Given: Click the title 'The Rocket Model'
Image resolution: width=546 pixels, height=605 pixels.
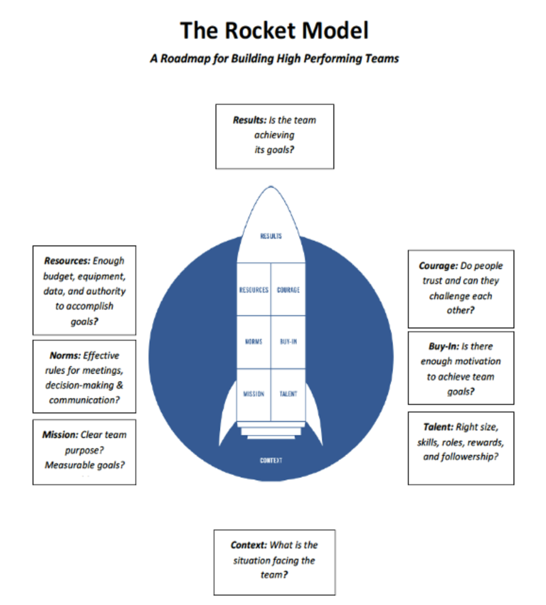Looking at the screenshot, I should (x=274, y=31).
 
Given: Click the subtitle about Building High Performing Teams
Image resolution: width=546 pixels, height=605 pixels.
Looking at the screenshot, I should (x=274, y=59).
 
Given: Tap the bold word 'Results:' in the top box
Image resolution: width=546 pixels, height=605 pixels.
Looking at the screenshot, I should (x=249, y=120).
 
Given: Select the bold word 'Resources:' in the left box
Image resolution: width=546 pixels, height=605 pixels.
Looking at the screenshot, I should (x=67, y=261).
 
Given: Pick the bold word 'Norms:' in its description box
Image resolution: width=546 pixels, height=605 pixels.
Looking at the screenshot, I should (x=65, y=356).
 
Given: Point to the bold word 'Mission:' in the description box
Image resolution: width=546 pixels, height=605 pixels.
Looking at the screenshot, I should (x=60, y=435).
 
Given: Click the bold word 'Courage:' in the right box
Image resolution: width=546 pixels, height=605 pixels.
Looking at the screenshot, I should (x=438, y=266).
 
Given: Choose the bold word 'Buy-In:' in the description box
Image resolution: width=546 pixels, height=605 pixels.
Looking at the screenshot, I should (x=444, y=346).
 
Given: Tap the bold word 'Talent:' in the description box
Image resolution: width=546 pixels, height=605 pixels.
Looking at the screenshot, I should (x=438, y=427).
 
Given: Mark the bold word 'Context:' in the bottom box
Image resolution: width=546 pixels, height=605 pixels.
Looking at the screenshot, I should (x=248, y=546).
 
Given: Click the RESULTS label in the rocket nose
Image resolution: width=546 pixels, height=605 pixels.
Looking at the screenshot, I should (x=271, y=236).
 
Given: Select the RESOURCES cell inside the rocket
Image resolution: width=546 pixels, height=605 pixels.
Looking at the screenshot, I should (x=254, y=290).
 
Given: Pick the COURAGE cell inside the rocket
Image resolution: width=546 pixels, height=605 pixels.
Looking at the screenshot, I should (x=288, y=290).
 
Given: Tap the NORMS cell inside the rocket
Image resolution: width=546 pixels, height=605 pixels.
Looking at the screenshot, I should (x=254, y=342).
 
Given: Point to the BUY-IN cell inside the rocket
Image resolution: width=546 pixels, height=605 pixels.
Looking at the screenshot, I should (x=288, y=342).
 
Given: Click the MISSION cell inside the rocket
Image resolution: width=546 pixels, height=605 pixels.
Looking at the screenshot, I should (x=254, y=394).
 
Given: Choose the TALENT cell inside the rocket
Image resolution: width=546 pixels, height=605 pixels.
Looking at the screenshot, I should (x=288, y=394).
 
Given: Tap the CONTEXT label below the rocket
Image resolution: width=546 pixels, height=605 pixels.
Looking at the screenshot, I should (x=271, y=460).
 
